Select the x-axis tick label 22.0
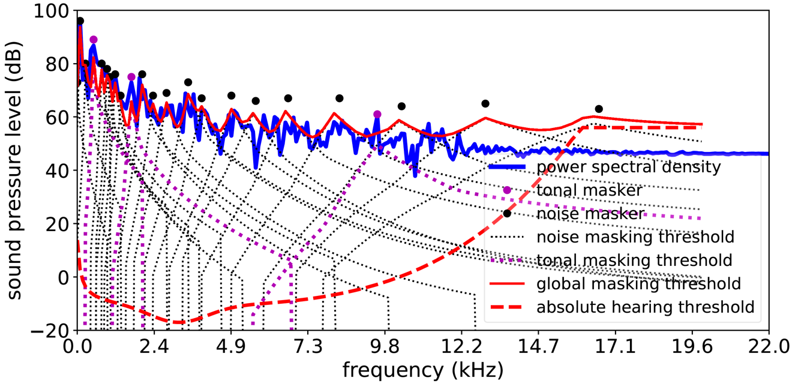(769, 348)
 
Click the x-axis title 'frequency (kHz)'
(422, 367)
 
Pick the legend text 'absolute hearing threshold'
(645, 307)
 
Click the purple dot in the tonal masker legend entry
(507, 190)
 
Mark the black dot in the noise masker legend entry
(507, 213)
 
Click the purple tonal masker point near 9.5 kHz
(377, 114)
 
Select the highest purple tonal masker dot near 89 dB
(94, 40)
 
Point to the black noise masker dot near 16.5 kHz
(599, 109)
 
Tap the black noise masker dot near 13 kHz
(485, 104)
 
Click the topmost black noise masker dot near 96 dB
(80, 21)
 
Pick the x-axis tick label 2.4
(154, 348)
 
